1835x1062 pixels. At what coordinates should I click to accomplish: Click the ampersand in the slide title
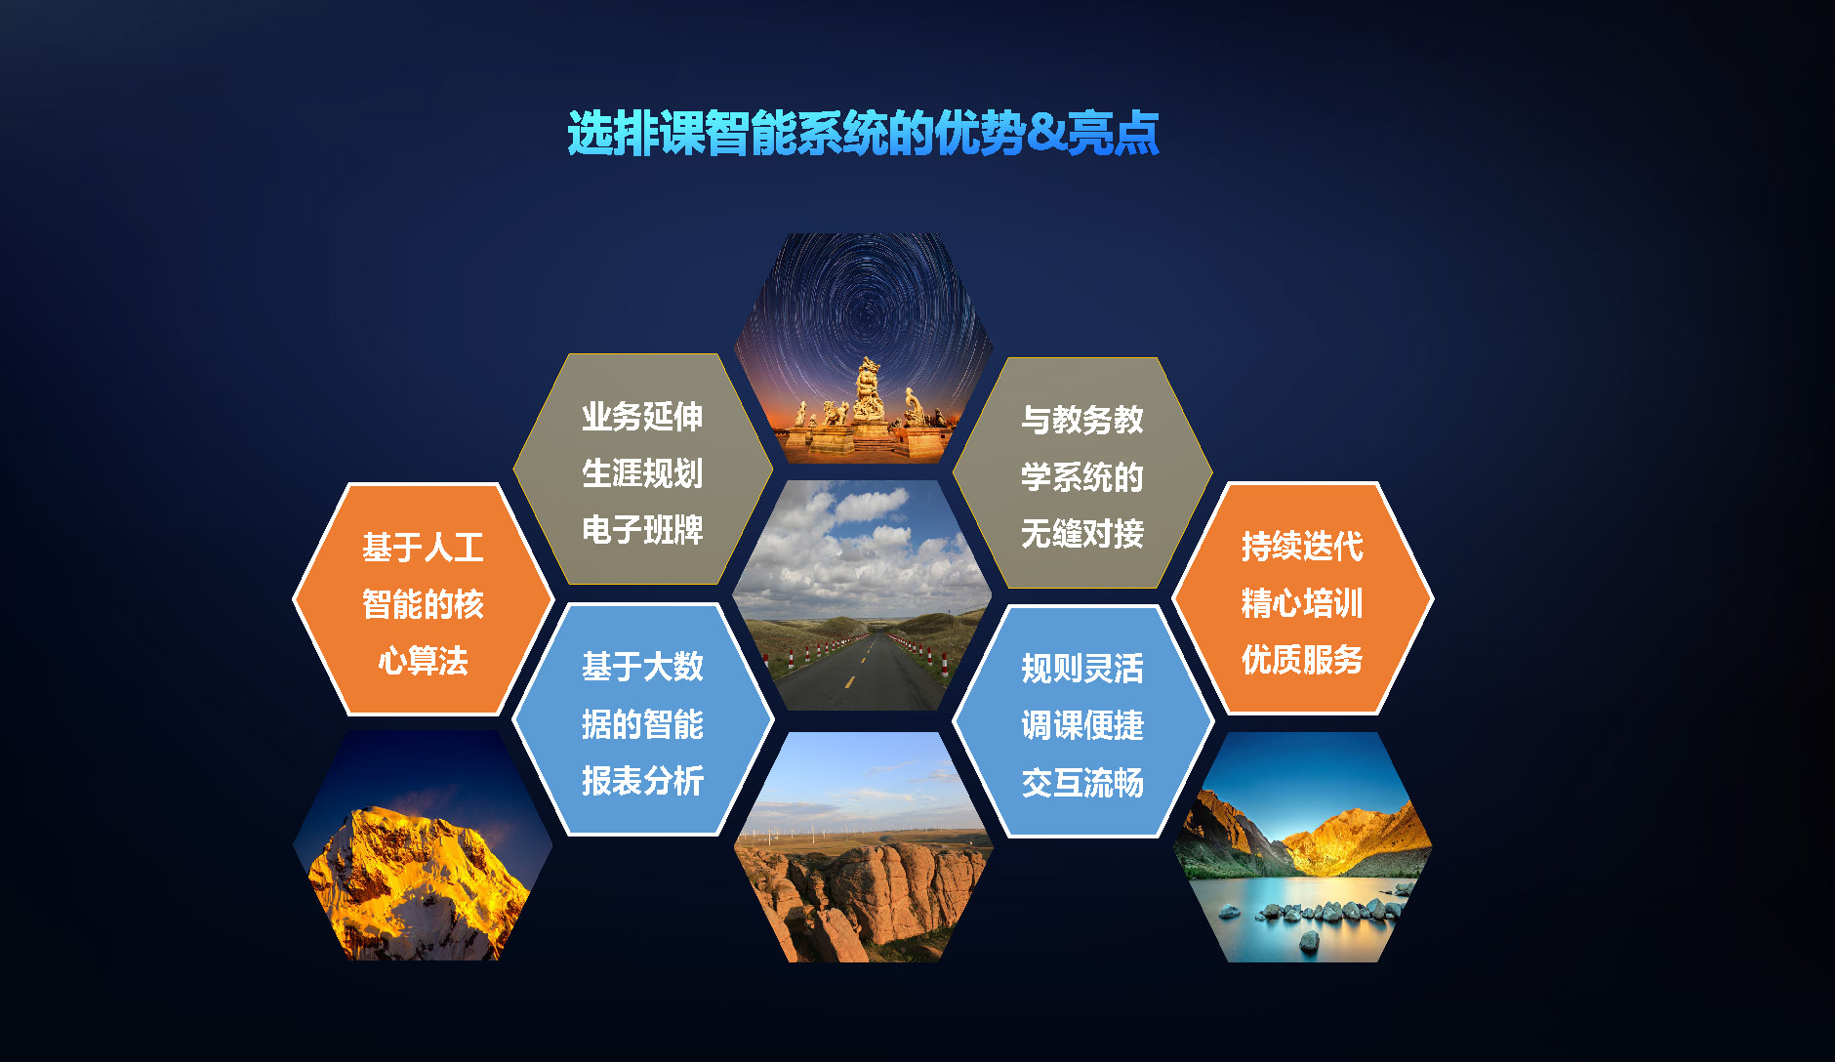[1046, 133]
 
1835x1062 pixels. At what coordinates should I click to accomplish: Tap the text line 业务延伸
[642, 417]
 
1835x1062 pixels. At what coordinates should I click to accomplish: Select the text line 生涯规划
[642, 473]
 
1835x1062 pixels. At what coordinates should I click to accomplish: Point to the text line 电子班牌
[642, 530]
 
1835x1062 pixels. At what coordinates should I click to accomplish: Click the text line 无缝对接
[1081, 534]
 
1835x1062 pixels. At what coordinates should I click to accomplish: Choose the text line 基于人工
[423, 548]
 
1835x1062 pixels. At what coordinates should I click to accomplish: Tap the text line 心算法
[423, 661]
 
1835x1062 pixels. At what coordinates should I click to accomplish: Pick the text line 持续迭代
[1302, 547]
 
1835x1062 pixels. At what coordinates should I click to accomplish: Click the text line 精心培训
[1302, 603]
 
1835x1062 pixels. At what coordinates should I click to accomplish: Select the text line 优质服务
[1302, 660]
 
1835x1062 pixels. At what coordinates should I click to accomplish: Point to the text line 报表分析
[642, 781]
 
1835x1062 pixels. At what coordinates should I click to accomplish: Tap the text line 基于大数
[642, 667]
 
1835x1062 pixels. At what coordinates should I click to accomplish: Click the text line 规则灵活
[1081, 669]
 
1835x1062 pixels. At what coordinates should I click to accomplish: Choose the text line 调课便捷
[1081, 725]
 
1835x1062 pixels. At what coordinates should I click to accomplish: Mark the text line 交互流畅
[1081, 783]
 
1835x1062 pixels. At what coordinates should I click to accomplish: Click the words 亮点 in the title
[1113, 133]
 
